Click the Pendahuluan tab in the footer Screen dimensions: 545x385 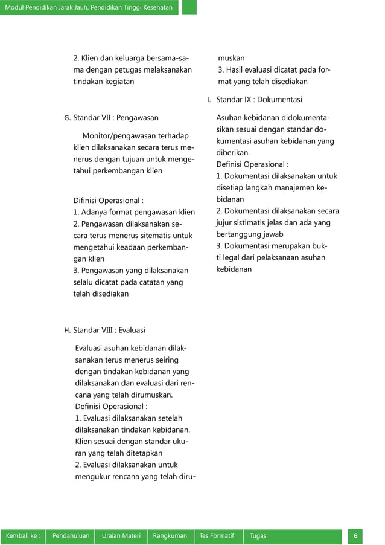(71, 536)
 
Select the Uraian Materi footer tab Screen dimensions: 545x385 (121, 536)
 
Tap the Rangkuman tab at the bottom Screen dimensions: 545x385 (170, 536)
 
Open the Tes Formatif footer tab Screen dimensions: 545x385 (217, 536)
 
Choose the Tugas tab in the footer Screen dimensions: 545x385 (258, 536)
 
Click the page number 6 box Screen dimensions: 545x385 (355, 536)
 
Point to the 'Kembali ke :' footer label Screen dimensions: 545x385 (23, 536)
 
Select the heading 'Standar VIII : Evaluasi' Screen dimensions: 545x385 (109, 330)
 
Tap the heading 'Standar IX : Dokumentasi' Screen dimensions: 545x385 (259, 99)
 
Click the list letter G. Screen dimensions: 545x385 (66, 118)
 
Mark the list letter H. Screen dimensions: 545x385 (66, 331)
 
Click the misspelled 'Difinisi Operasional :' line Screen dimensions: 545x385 (108, 201)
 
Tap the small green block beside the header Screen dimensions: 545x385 (189, 7)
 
